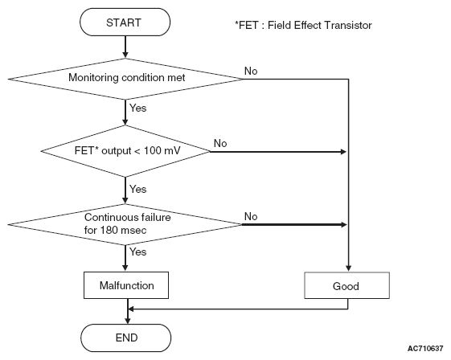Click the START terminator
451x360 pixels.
pyautogui.click(x=125, y=22)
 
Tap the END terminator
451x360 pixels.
pyautogui.click(x=126, y=337)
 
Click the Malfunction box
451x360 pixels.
pyautogui.click(x=126, y=285)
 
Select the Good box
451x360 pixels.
pyautogui.click(x=346, y=285)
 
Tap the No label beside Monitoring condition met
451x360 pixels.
pyautogui.click(x=251, y=71)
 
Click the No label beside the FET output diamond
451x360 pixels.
pyautogui.click(x=220, y=143)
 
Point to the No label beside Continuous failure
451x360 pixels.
pyautogui.click(x=251, y=216)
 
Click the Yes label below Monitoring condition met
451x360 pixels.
pyautogui.click(x=137, y=108)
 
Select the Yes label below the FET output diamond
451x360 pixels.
pyautogui.click(x=137, y=189)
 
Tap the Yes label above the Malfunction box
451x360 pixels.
pyautogui.click(x=137, y=252)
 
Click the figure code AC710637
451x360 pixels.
pyautogui.click(x=425, y=349)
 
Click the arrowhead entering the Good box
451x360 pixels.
pyautogui.click(x=349, y=268)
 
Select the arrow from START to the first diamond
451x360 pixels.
pyautogui.click(x=125, y=47)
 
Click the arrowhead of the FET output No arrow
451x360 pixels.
pyautogui.click(x=343, y=152)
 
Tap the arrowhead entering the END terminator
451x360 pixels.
pyautogui.click(x=128, y=321)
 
